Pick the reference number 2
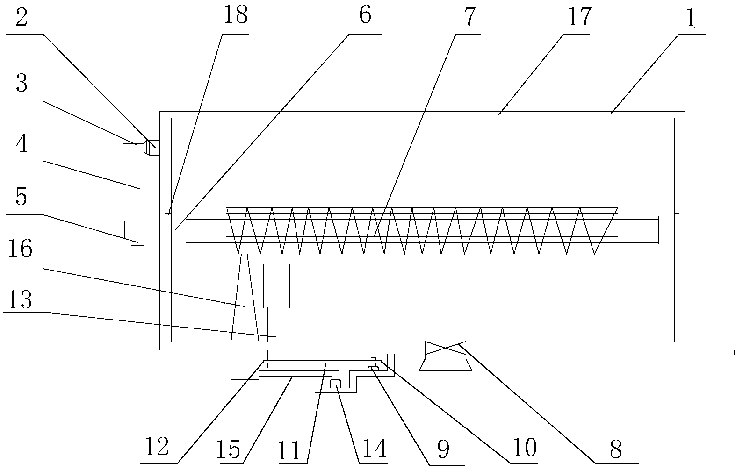click(x=22, y=18)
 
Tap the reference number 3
click(x=21, y=85)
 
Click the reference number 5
click(x=21, y=198)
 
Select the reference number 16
click(x=21, y=249)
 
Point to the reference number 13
click(x=21, y=300)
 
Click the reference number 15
click(x=229, y=449)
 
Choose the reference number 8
click(x=615, y=450)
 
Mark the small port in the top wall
click(x=499, y=115)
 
